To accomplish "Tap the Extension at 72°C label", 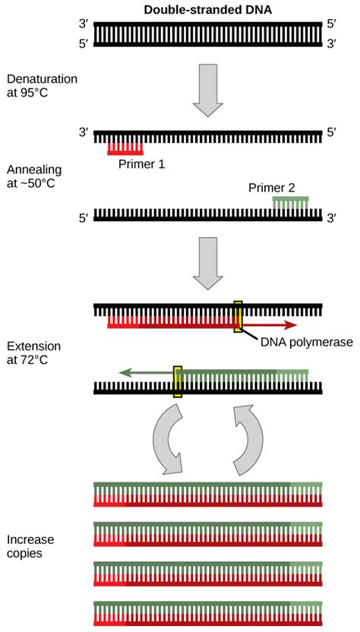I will [x=33, y=352].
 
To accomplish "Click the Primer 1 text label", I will [x=141, y=163].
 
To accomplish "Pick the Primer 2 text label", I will [x=271, y=187].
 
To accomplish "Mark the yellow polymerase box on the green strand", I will [x=178, y=381].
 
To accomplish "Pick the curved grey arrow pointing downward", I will [x=166, y=439].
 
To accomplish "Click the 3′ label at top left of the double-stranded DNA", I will [x=85, y=24].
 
